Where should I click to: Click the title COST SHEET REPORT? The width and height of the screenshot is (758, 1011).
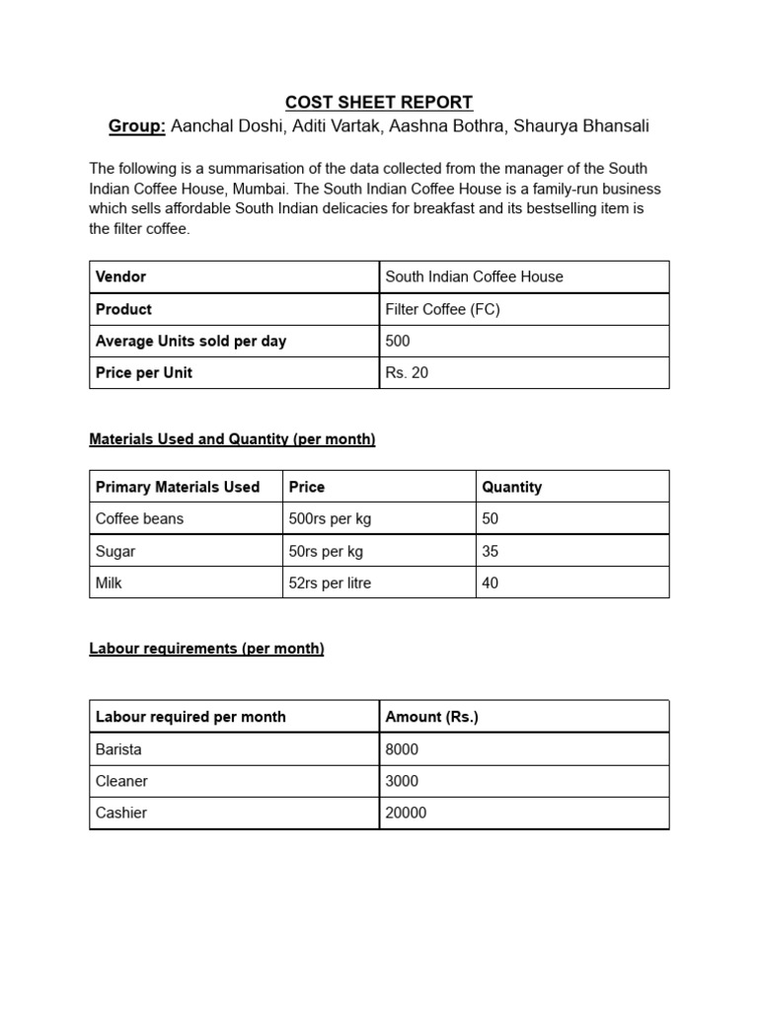(x=379, y=102)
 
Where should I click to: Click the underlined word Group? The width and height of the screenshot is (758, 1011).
(x=136, y=126)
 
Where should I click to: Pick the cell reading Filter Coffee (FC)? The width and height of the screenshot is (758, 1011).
(x=442, y=309)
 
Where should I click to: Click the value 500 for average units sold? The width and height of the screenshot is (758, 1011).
(x=398, y=341)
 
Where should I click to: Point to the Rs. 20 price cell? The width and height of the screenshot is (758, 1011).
(x=407, y=372)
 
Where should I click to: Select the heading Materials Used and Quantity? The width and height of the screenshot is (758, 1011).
(x=232, y=439)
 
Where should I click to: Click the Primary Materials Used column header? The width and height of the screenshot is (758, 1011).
(x=178, y=487)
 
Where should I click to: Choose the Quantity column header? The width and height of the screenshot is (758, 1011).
(x=511, y=487)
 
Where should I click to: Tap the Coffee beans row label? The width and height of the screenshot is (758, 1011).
(x=139, y=518)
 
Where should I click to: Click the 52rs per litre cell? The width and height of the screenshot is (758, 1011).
(x=330, y=583)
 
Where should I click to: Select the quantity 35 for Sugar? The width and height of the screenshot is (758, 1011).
(x=491, y=551)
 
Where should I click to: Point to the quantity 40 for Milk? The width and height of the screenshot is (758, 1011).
(x=491, y=583)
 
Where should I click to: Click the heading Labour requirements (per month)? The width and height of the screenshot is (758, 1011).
(x=206, y=649)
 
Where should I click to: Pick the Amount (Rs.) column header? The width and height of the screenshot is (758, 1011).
(x=431, y=717)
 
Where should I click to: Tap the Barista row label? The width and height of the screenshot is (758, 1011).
(x=118, y=749)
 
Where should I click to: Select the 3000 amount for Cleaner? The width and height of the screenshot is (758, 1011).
(x=402, y=781)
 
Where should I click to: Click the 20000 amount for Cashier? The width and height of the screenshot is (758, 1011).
(x=406, y=813)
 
